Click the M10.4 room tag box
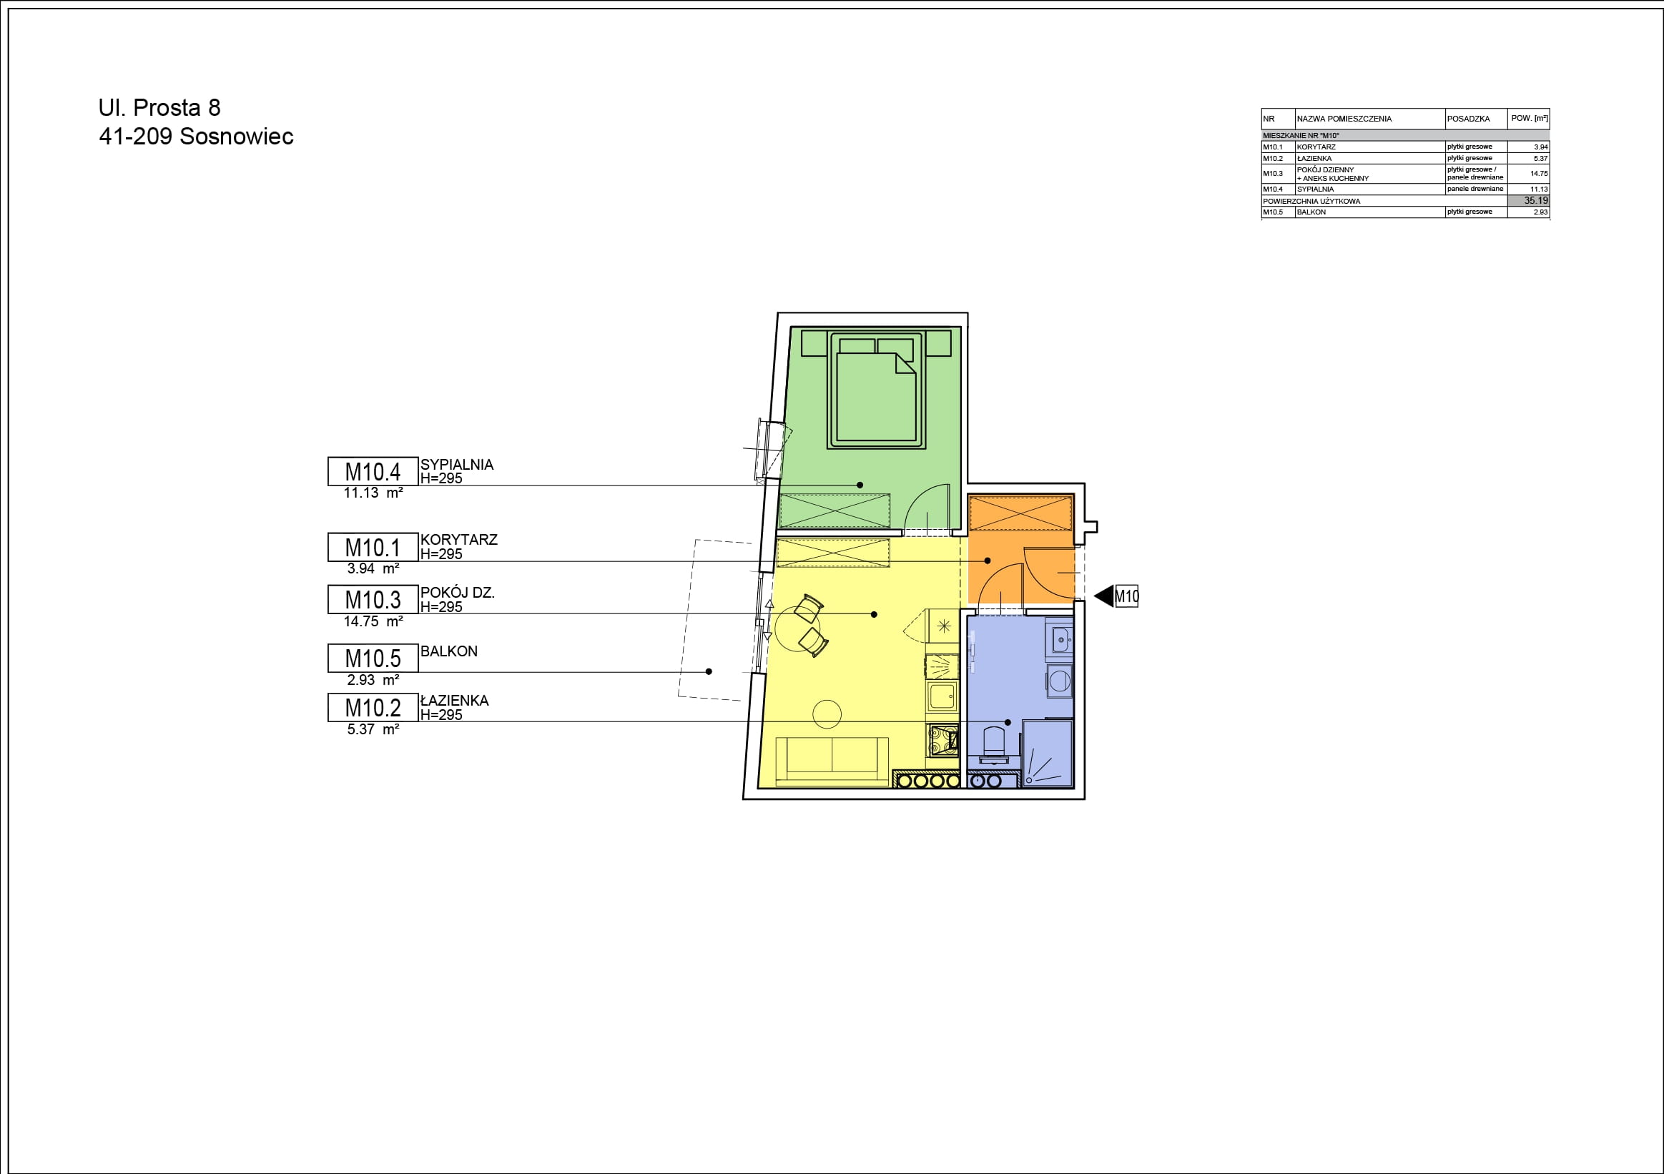tap(373, 471)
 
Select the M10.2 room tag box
tap(373, 707)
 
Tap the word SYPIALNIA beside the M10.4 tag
tap(457, 465)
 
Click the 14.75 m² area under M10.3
tap(373, 621)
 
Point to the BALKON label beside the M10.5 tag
tap(448, 651)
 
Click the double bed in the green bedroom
tap(876, 390)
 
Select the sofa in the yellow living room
tap(832, 761)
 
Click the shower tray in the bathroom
tap(1048, 753)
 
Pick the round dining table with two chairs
tap(799, 627)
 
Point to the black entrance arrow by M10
tap(1103, 596)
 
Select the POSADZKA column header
tap(1468, 119)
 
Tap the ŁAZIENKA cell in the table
tap(1314, 158)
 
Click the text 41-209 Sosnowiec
tap(197, 137)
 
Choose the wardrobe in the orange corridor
tap(1020, 513)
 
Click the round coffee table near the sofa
tap(827, 714)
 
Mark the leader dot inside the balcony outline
tap(709, 672)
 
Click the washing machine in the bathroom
tap(1059, 681)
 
